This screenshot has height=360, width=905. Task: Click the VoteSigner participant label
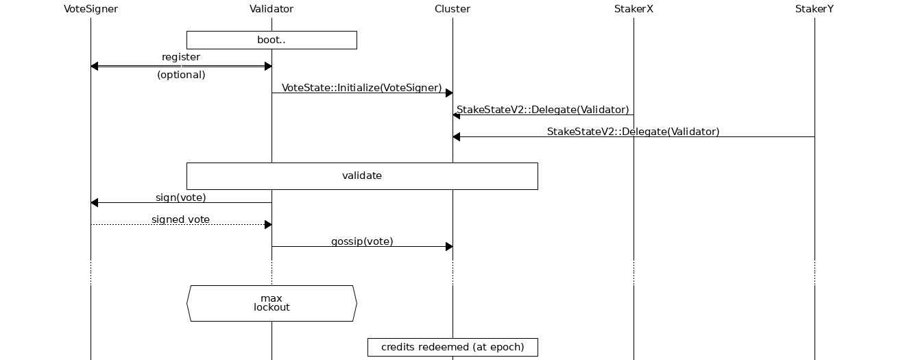click(90, 9)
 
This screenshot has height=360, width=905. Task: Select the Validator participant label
click(271, 9)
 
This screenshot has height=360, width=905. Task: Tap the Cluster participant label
click(452, 9)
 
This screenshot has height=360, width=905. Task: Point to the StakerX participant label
click(633, 9)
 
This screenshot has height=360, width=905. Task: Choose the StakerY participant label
click(814, 9)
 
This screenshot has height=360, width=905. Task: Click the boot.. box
click(271, 40)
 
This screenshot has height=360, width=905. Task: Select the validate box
click(362, 176)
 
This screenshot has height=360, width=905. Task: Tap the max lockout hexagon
click(271, 303)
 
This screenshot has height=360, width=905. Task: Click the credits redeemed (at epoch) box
click(452, 347)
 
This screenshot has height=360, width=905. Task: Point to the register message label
click(181, 57)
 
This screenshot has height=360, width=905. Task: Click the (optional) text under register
click(181, 75)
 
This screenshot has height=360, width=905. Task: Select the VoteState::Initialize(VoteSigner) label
click(362, 88)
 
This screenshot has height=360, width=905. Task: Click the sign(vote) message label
click(181, 197)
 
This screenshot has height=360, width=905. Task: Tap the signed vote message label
click(181, 219)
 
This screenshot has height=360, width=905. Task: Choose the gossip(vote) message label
click(362, 241)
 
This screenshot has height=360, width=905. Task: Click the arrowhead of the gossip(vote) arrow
click(449, 246)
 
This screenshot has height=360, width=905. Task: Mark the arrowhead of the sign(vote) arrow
click(95, 202)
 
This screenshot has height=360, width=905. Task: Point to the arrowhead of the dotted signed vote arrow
click(268, 224)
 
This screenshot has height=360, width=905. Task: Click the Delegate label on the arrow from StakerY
click(633, 132)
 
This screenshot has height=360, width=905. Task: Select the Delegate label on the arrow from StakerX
click(543, 110)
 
